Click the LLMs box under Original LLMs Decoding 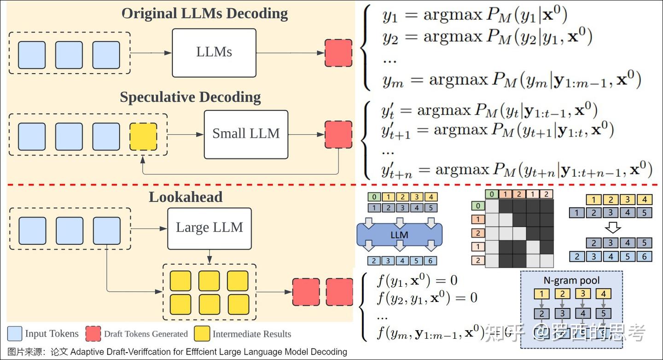pos(214,52)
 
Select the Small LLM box pos(246,134)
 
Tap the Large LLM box pos(209,228)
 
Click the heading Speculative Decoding pos(190,98)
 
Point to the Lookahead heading pos(185,197)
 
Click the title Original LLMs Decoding pos(204,13)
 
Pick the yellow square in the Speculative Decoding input pos(143,136)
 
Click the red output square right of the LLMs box pos(338,53)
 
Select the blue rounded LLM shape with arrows pos(399,235)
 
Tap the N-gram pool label pos(571,280)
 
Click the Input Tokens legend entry pos(52,334)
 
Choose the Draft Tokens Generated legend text pos(146,334)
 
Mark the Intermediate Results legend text pos(251,334)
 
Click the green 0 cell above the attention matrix pos(493,194)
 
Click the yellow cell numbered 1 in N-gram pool pos(542,294)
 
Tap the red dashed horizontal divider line pos(331,186)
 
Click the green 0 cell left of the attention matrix pos(478,206)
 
